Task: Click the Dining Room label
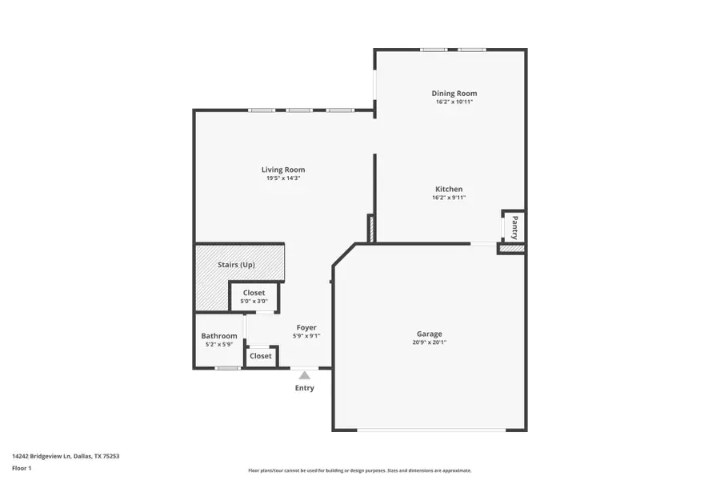coord(454,94)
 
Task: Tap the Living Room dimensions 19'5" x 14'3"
coord(283,178)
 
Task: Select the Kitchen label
coord(448,190)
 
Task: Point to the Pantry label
coord(514,226)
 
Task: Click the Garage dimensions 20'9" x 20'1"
coord(429,342)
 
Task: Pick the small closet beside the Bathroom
coord(261,356)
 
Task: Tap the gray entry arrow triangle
coord(304,374)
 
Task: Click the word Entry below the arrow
coord(304,388)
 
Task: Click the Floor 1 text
coord(22,467)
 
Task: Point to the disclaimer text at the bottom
coord(359,470)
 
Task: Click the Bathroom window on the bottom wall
coord(229,368)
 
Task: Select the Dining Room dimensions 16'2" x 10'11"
coord(454,102)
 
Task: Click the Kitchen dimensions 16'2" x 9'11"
coord(448,198)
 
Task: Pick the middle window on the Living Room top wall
coord(299,110)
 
